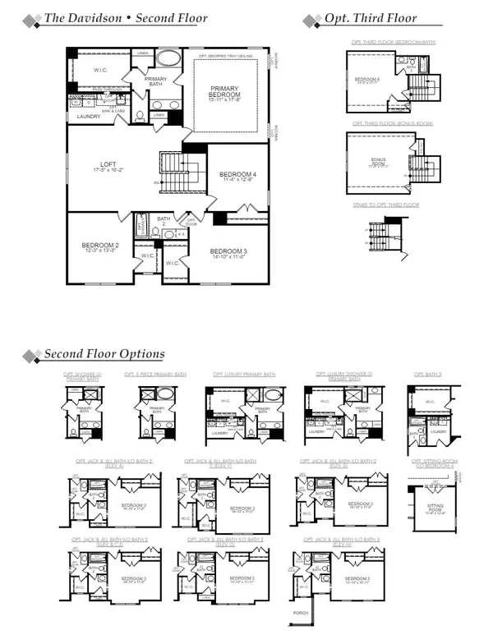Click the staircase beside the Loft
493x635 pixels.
(177, 173)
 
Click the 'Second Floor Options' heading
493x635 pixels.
(104, 354)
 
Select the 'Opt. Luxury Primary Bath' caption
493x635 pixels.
(242, 375)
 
